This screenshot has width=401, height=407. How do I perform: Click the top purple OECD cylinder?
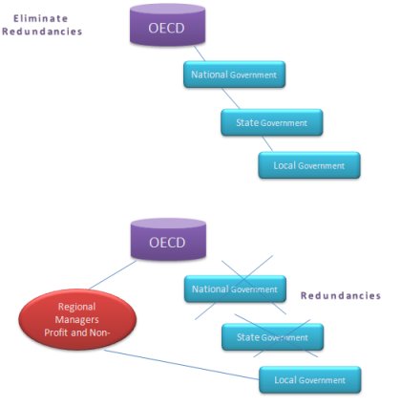(x=167, y=25)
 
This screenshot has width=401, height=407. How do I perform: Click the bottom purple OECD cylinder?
(x=168, y=239)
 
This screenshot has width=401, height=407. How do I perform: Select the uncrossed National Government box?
(x=234, y=75)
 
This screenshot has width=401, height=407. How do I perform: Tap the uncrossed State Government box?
(x=272, y=122)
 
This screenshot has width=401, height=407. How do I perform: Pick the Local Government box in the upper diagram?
(x=309, y=165)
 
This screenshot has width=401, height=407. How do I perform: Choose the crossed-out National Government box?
(x=235, y=289)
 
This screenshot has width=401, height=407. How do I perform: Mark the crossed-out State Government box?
(x=273, y=337)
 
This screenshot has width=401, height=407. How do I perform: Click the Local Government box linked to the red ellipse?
(x=310, y=379)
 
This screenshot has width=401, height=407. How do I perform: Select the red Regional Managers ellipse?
(x=77, y=319)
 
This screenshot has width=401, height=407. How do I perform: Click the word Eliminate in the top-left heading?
(x=40, y=18)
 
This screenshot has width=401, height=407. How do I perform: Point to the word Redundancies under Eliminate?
(x=42, y=32)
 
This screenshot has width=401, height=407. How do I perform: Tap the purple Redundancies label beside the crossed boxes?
(x=341, y=296)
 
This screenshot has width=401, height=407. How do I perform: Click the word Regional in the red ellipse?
(x=76, y=307)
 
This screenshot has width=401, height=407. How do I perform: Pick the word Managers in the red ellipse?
(x=76, y=319)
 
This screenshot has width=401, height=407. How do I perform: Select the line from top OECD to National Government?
(x=200, y=54)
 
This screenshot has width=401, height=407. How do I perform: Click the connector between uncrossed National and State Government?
(x=230, y=98)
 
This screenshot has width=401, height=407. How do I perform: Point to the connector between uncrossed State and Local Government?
(x=267, y=144)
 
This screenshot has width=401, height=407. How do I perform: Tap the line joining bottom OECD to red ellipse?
(x=113, y=275)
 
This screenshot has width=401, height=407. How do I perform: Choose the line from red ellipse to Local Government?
(x=181, y=365)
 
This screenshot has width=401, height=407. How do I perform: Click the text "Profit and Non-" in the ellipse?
(x=77, y=332)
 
